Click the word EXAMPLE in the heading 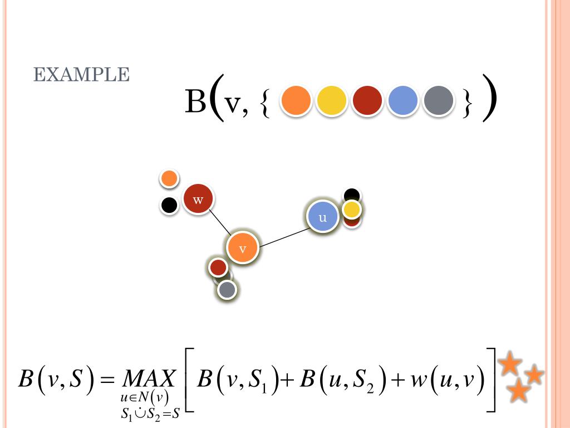82,75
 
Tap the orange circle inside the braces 296,101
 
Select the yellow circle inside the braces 331,101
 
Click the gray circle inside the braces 438,101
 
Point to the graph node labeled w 199,199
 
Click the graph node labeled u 323,217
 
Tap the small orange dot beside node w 169,178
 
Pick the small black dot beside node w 169,205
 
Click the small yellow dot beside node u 352,210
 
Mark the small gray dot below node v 227,290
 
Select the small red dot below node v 218,267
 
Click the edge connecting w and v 222,224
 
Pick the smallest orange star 534,374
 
